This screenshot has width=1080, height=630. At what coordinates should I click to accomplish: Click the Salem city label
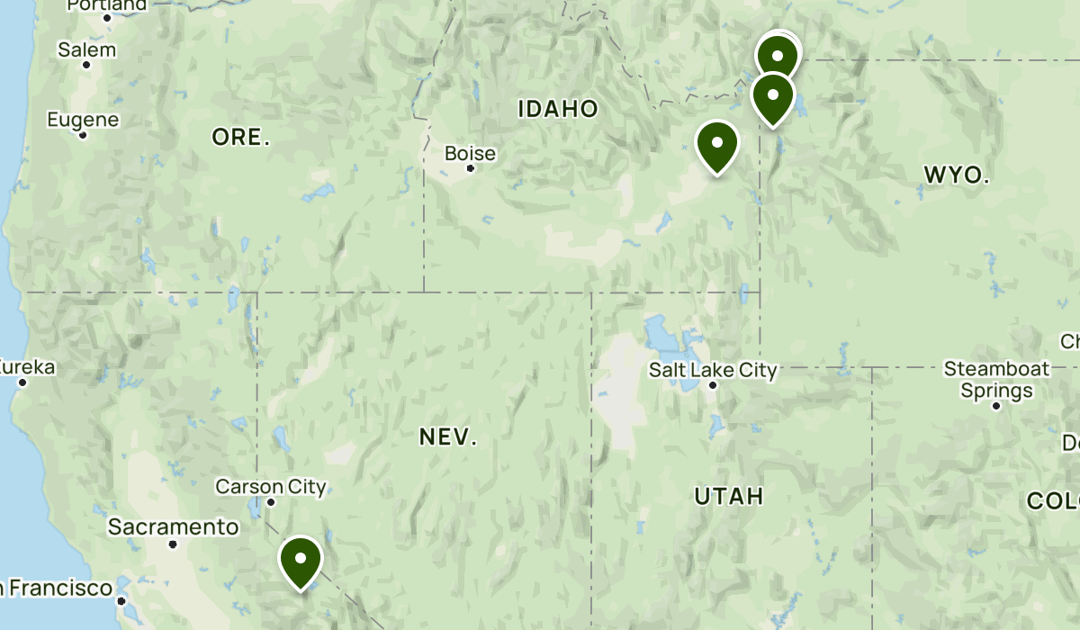point(87,49)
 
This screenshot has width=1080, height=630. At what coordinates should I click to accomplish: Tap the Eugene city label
point(83,120)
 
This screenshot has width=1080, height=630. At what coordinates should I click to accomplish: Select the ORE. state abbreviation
point(241,138)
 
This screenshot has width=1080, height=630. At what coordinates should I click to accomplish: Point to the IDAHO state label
point(558,110)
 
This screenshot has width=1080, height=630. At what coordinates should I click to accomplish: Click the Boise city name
point(470,154)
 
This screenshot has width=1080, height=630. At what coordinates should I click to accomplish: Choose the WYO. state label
point(957,175)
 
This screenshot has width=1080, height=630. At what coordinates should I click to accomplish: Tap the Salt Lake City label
point(713,369)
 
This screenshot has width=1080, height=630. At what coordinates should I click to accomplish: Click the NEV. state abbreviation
point(448,437)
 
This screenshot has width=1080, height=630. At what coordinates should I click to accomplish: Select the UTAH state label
point(729,496)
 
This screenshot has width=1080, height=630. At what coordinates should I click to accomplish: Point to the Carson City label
point(271,487)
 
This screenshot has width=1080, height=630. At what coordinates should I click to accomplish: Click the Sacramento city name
point(174,526)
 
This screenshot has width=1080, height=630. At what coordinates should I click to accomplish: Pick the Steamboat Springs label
point(996,379)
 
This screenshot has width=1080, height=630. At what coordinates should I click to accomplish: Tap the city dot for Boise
point(470,168)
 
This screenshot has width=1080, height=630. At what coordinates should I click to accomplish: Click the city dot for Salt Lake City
point(713,385)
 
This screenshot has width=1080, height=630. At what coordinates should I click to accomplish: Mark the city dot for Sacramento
point(173,544)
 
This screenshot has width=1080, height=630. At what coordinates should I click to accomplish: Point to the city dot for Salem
point(87,65)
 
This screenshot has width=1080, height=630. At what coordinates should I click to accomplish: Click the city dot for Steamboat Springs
point(996,406)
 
